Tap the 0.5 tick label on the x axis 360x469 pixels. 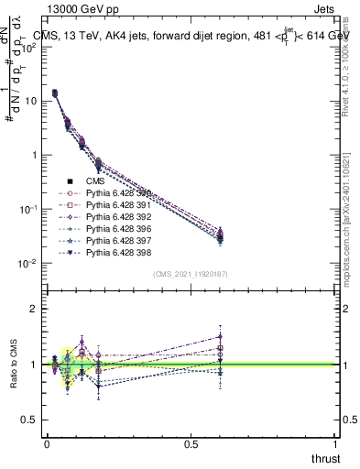pyautogui.click(x=191, y=443)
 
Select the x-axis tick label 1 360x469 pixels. pyautogui.click(x=335, y=443)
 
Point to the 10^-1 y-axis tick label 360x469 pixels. pyautogui.click(x=27, y=209)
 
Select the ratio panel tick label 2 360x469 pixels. pyautogui.click(x=33, y=309)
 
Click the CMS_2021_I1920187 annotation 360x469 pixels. pyautogui.click(x=191, y=274)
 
